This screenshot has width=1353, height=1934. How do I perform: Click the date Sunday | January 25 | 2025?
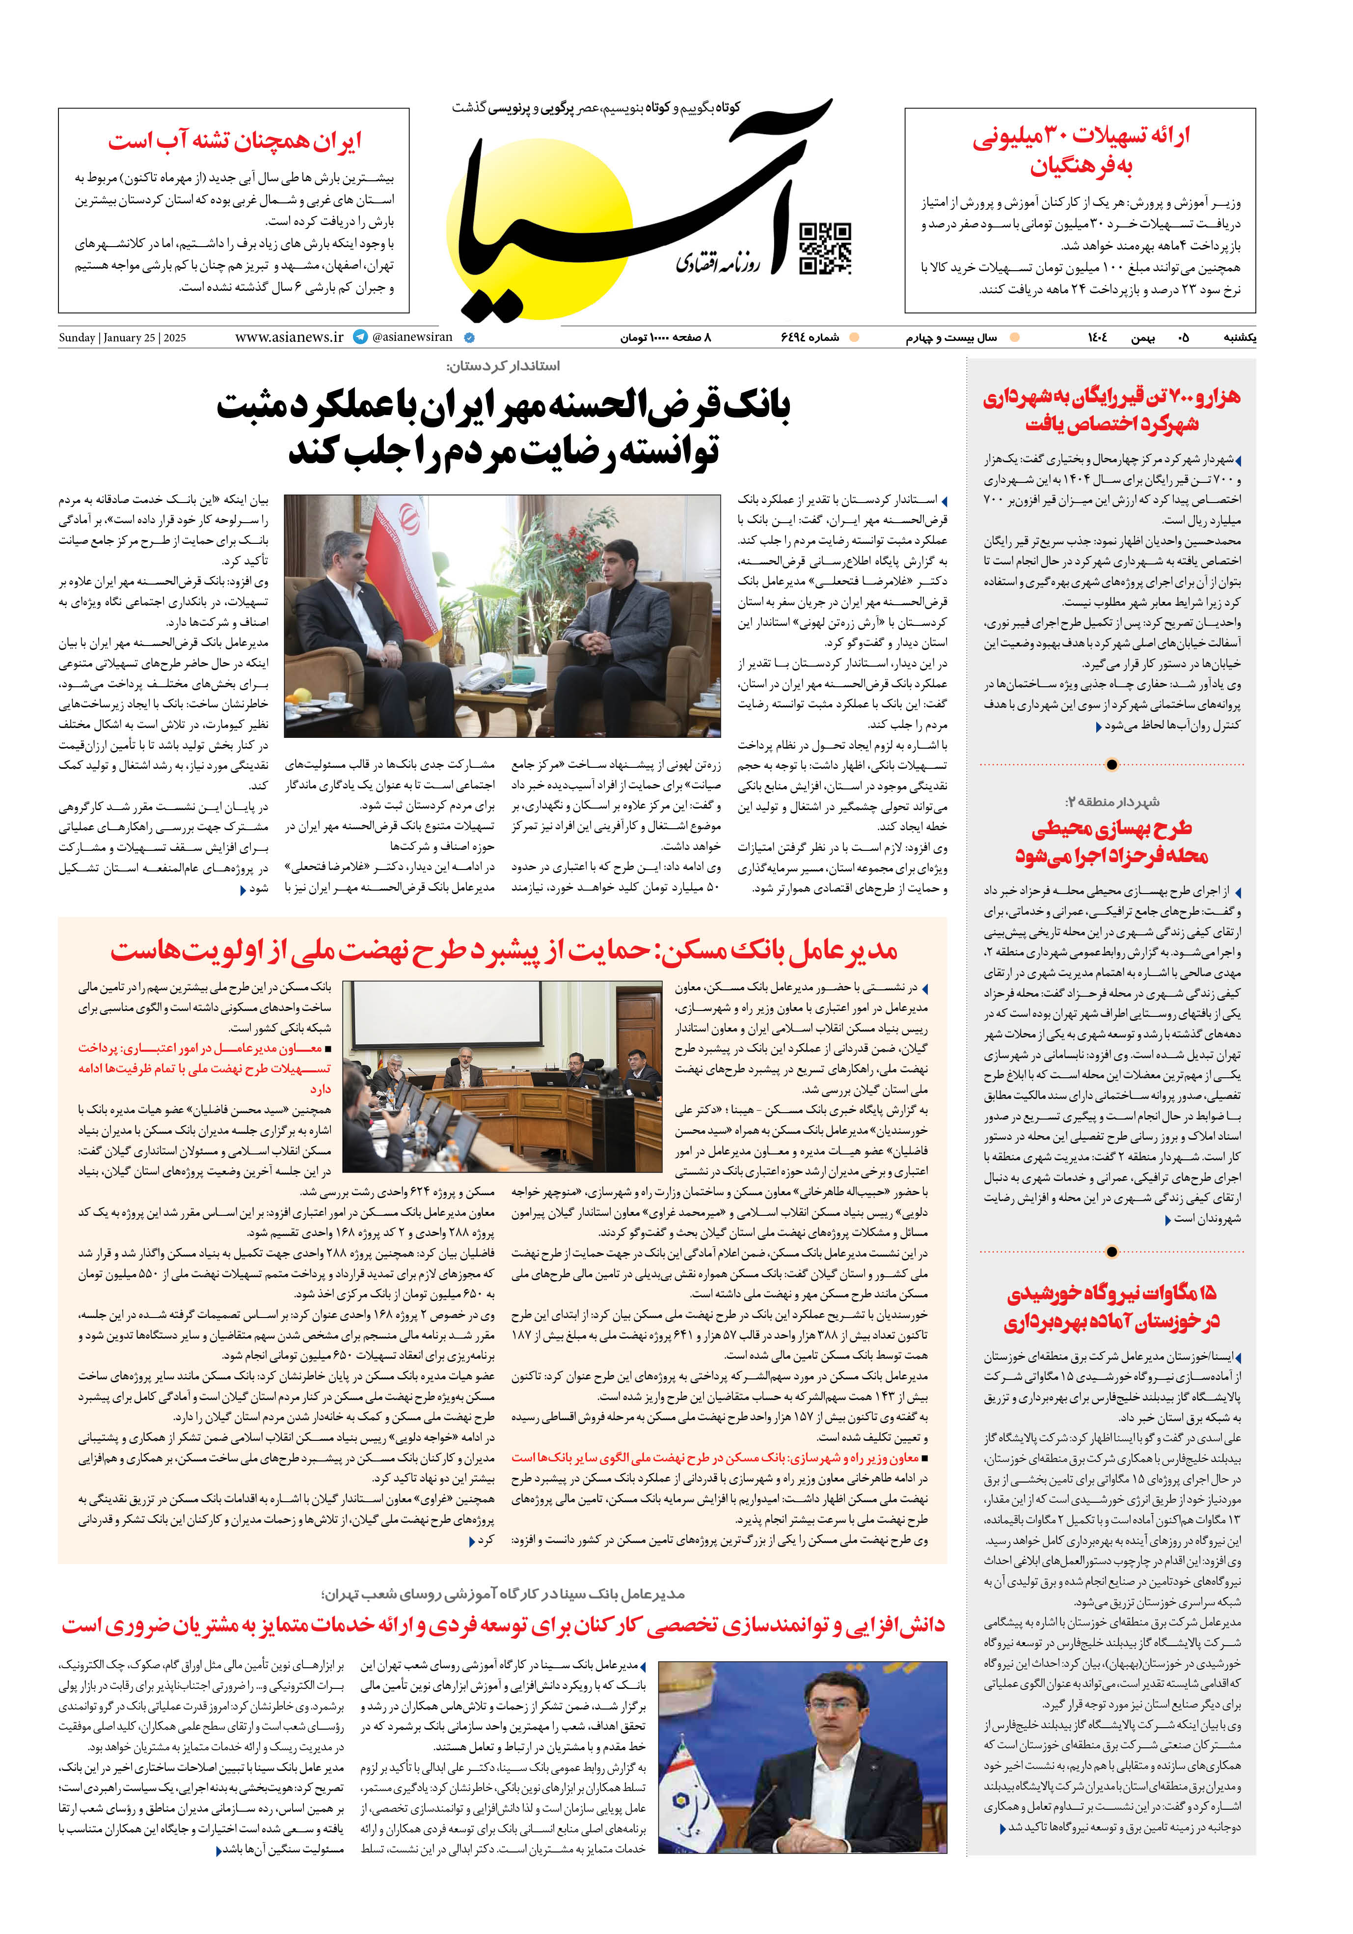pos(122,338)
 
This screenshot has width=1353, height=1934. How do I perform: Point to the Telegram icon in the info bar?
pos(360,337)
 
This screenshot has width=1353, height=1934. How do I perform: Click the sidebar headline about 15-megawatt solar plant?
pos(1111,1307)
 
